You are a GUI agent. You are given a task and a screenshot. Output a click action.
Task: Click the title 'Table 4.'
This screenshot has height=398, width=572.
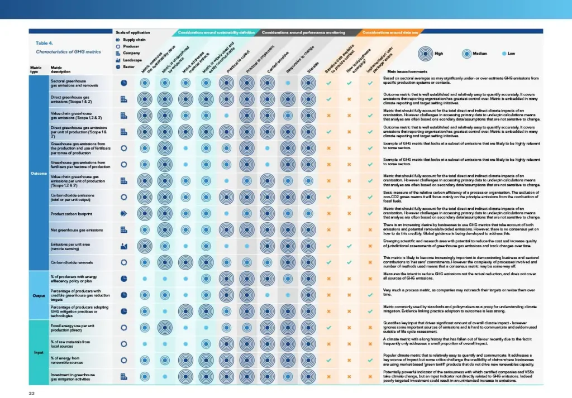pyautogui.click(x=44, y=43)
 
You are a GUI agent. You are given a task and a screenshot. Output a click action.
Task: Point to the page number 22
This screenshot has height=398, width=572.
pyautogui.click(x=32, y=393)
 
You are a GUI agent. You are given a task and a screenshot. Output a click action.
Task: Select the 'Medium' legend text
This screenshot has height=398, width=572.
pyautogui.click(x=481, y=54)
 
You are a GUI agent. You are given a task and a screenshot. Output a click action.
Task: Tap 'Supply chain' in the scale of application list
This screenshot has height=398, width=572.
pyautogui.click(x=135, y=40)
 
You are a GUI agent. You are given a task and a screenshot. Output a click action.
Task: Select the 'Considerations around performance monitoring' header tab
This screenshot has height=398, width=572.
pyautogui.click(x=304, y=32)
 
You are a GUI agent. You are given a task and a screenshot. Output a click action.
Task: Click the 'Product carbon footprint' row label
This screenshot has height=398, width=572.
pyautogui.click(x=71, y=214)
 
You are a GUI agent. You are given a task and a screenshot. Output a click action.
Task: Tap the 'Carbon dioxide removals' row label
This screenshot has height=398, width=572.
pyautogui.click(x=71, y=262)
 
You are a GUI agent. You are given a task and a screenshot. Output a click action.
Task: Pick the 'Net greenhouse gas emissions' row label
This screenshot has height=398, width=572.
pyautogui.click(x=77, y=230)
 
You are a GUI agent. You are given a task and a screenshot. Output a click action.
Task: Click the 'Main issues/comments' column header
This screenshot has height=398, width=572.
pyautogui.click(x=407, y=72)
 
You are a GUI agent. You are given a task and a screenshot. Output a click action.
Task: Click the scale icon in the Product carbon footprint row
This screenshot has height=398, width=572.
pyautogui.click(x=124, y=214)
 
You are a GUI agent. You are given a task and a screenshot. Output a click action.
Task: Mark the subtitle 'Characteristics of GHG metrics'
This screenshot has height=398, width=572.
pyautogui.click(x=68, y=51)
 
